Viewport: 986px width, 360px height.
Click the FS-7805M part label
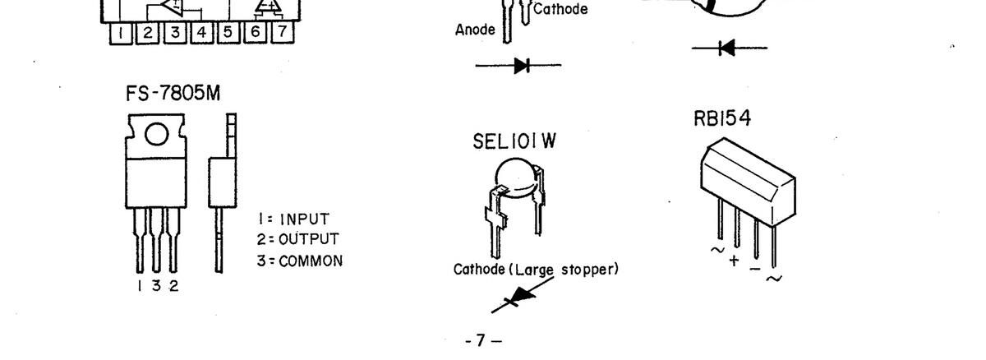(x=173, y=95)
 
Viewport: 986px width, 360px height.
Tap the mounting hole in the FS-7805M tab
(x=158, y=134)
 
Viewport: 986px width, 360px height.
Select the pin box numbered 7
(x=282, y=32)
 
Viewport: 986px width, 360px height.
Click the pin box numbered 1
(x=121, y=32)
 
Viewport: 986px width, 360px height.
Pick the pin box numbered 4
(x=201, y=32)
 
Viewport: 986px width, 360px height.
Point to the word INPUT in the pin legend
(x=305, y=219)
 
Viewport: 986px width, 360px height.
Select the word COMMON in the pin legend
(x=311, y=261)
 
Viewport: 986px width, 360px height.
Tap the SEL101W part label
(x=515, y=141)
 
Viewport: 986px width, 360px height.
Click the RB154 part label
(x=722, y=119)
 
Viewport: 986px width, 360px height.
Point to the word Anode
(x=475, y=30)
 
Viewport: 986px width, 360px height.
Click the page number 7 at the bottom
(x=482, y=339)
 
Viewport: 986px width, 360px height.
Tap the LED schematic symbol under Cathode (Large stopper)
(x=512, y=300)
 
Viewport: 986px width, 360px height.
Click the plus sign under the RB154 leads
(x=734, y=261)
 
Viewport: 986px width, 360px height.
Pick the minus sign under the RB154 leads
(x=754, y=269)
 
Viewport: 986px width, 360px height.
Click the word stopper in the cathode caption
(x=589, y=270)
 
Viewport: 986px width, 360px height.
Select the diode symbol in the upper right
(x=726, y=48)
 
